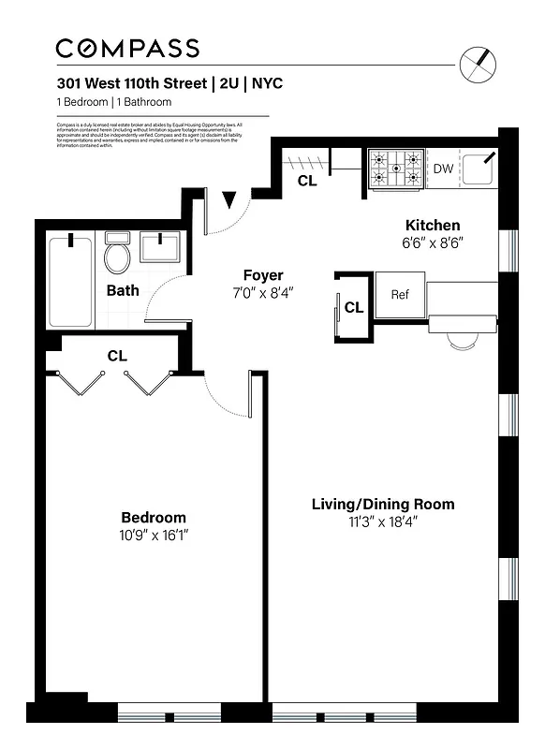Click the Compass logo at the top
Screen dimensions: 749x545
127,49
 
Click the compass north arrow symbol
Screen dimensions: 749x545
480,64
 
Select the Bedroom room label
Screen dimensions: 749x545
154,518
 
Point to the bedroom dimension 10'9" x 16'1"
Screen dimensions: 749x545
154,536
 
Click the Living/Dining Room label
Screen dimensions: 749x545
383,505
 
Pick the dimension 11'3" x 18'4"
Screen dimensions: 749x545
383,522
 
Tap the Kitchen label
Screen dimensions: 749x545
432,225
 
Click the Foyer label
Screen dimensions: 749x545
263,275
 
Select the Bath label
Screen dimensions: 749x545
122,290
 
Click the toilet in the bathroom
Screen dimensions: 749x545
117,254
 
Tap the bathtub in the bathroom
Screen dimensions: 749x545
71,281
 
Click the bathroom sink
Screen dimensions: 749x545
162,248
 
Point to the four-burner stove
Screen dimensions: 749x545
394,169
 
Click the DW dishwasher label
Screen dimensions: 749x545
443,169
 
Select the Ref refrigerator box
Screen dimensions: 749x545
400,294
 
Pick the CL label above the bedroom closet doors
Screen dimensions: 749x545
117,356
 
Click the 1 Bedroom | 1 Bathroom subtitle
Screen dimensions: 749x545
114,102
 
